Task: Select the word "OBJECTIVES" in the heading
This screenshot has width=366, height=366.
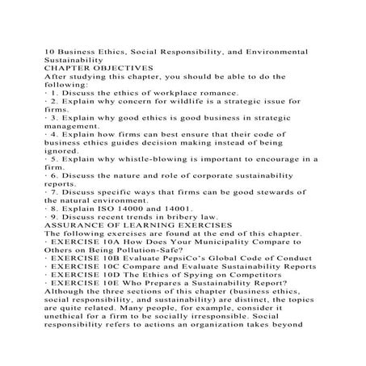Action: pyautogui.click(x=116, y=67)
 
